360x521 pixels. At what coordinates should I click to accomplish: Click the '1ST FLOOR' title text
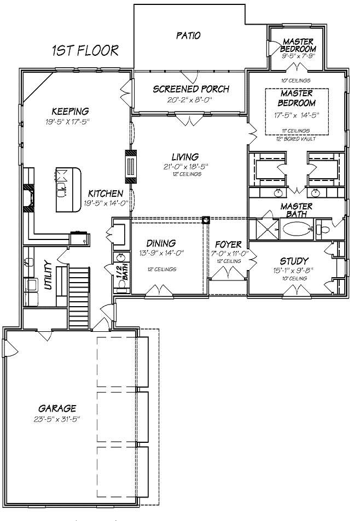[85, 51]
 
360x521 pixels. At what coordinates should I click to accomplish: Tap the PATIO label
[188, 36]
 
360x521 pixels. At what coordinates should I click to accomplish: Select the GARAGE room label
[57, 408]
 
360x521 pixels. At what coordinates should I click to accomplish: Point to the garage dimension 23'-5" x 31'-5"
[57, 419]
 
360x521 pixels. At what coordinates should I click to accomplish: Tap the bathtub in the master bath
[298, 228]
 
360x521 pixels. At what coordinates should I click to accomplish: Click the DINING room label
[161, 243]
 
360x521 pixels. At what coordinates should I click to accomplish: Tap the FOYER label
[228, 244]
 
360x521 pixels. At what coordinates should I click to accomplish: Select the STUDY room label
[294, 261]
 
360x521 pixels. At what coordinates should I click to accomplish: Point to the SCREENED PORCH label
[190, 89]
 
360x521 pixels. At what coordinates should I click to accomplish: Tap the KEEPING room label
[67, 112]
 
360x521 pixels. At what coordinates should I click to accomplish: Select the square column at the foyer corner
[206, 220]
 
